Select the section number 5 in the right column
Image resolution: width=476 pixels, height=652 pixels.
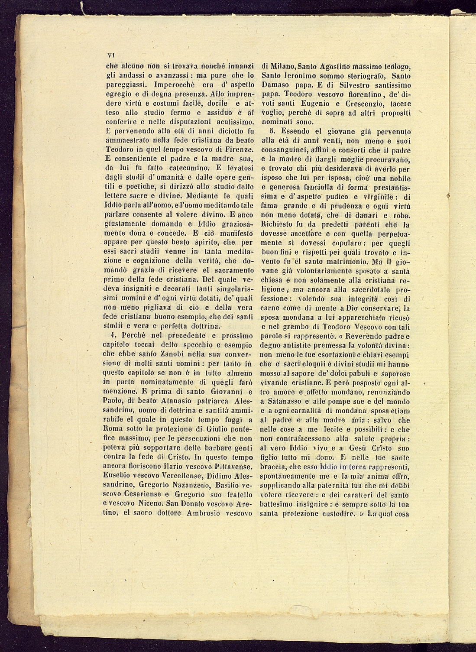click(x=272, y=131)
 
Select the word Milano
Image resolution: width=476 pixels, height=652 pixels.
click(x=279, y=66)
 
